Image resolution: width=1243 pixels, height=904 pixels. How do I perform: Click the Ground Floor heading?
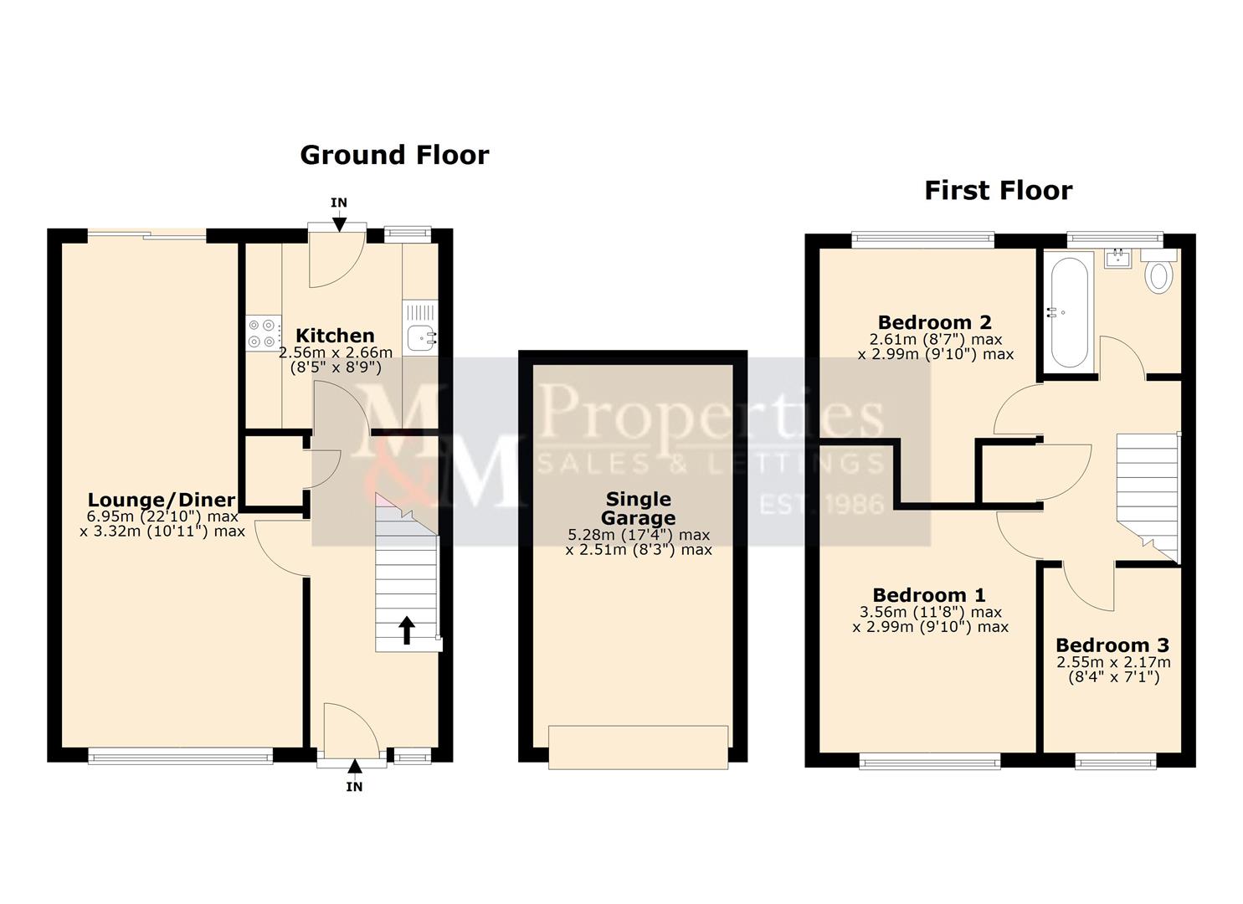393,155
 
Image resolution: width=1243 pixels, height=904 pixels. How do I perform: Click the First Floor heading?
998,190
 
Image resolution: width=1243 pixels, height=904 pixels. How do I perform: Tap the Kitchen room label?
335,336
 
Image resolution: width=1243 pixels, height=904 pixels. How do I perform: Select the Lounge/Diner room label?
162,501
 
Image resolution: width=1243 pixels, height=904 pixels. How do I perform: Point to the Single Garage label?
638,508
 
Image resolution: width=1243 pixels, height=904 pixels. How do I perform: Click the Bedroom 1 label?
929,595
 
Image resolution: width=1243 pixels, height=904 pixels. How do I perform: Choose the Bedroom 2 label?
934,322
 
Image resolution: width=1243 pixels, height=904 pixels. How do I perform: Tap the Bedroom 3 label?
1112,645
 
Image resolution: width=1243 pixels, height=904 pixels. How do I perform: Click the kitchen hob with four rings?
263,333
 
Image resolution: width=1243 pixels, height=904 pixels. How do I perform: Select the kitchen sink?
420,338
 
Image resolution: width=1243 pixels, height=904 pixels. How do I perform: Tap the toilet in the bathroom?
1159,273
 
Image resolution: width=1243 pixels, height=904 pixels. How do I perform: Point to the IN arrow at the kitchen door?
339,222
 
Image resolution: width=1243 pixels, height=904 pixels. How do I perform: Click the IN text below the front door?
354,787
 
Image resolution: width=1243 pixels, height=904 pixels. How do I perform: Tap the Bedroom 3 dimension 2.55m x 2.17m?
1113,662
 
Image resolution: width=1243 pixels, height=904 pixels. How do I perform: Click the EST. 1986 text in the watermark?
820,504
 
